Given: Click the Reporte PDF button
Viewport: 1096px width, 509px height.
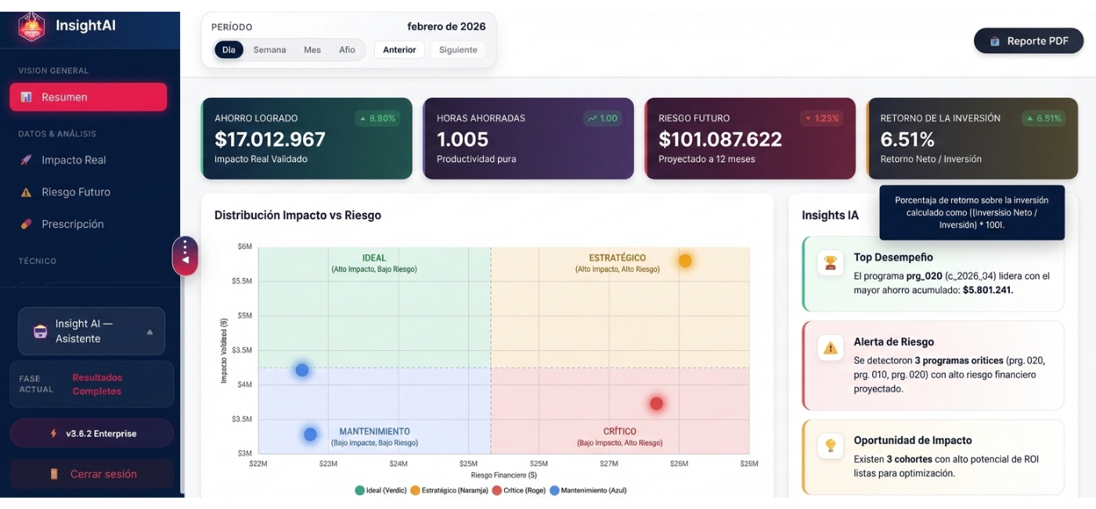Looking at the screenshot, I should [x=1028, y=41].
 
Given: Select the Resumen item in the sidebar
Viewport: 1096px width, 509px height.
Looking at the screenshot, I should [x=88, y=97].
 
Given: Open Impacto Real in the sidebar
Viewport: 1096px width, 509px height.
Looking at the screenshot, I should [x=74, y=160].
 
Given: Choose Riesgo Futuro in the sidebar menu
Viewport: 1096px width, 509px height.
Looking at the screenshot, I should [x=76, y=192].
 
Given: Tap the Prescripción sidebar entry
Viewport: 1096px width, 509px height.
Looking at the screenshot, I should [x=73, y=224].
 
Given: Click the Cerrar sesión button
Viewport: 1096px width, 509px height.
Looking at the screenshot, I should [x=92, y=474].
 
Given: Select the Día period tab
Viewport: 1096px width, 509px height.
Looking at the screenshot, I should [x=229, y=49].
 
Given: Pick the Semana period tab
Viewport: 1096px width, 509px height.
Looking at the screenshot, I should [x=269, y=49].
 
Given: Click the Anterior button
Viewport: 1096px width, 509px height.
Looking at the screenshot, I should [x=399, y=49].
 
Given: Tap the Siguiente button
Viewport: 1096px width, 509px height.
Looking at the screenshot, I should [x=458, y=49].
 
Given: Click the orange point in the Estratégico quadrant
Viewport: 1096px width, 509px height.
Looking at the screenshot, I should [x=685, y=261].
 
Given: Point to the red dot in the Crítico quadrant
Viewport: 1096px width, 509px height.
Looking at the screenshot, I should [x=656, y=403].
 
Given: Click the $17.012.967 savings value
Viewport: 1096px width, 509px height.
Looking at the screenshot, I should [x=270, y=139].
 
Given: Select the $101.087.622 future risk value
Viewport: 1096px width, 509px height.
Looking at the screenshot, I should [x=720, y=139].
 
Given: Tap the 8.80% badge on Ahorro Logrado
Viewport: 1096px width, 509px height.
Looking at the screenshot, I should [x=377, y=118].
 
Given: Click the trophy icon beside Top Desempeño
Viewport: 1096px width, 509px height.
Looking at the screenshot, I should [x=830, y=262].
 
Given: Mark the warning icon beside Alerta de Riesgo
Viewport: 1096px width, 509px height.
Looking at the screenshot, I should [x=830, y=348].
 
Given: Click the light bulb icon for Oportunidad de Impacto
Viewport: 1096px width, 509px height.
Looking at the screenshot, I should [x=830, y=446].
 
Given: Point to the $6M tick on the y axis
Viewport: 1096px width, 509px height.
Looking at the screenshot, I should [x=244, y=247].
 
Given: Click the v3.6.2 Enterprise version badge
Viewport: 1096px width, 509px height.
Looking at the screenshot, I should [x=92, y=433].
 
